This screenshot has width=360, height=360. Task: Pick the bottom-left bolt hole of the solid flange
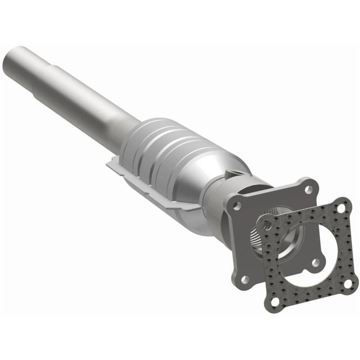pos(245,279)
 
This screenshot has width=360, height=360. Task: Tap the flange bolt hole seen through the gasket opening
pos(315,262)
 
